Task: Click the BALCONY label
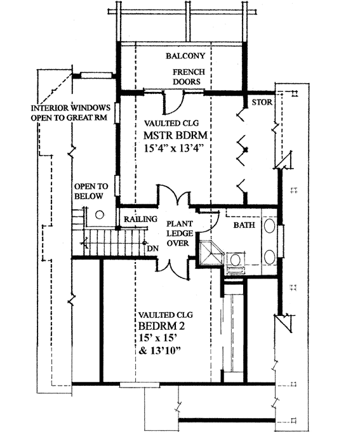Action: [x=185, y=56]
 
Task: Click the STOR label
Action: [x=262, y=101]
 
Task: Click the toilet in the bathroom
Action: [x=235, y=261]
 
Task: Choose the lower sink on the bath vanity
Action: [x=269, y=257]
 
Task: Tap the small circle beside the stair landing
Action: [x=100, y=214]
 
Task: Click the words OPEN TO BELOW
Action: [x=91, y=192]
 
